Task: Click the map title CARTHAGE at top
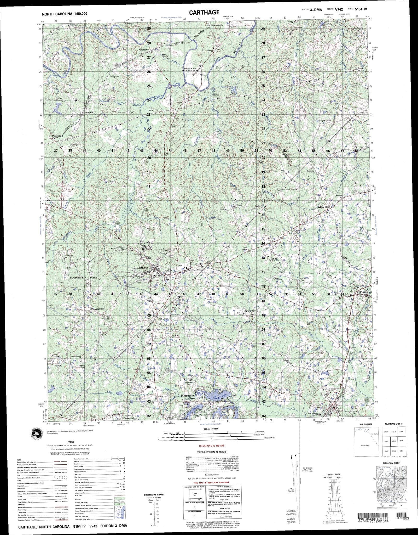click(204, 12)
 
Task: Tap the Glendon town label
click(144, 49)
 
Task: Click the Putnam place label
click(89, 113)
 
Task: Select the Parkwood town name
click(57, 136)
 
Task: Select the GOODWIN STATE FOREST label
click(84, 277)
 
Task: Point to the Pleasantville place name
click(98, 309)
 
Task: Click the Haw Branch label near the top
click(217, 25)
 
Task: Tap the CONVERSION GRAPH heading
click(154, 494)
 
